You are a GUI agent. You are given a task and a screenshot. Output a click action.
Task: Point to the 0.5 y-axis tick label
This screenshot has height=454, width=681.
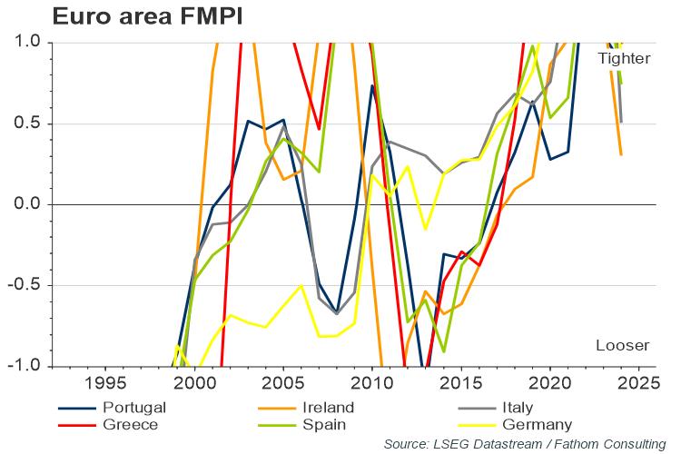coord(27,123)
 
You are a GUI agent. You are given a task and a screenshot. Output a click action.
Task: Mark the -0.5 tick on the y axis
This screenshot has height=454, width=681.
coord(25,285)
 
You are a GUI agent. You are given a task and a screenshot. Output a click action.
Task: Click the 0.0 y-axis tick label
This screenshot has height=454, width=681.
coord(27,204)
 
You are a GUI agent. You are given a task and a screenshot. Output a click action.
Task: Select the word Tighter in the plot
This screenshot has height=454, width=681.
coord(624,58)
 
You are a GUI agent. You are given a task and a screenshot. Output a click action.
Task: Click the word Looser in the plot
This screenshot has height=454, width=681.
coord(622,346)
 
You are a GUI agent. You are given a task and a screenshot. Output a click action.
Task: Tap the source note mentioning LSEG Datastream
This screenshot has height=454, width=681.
coord(525,444)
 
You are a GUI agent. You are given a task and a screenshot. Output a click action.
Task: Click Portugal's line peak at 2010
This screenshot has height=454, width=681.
coord(372,86)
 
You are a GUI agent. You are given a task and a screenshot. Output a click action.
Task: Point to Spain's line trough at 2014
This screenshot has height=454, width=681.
coord(443,351)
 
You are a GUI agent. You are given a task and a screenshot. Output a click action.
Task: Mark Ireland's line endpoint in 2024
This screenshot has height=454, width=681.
coord(621,154)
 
